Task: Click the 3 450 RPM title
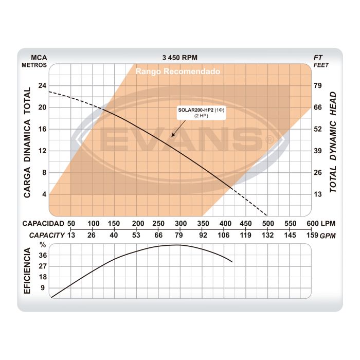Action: [179, 58]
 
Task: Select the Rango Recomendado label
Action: [178, 71]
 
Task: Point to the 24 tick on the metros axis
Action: [42, 85]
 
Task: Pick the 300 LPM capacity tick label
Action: [181, 223]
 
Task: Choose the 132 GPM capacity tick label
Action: [267, 235]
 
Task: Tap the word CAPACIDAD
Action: [44, 223]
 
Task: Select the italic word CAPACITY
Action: [47, 235]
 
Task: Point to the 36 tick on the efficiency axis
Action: [43, 255]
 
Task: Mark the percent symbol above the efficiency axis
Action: [43, 245]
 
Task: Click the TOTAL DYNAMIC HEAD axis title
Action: [333, 142]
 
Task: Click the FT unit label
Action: [318, 58]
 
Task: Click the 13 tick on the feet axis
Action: [318, 194]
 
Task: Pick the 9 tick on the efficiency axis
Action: [43, 287]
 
